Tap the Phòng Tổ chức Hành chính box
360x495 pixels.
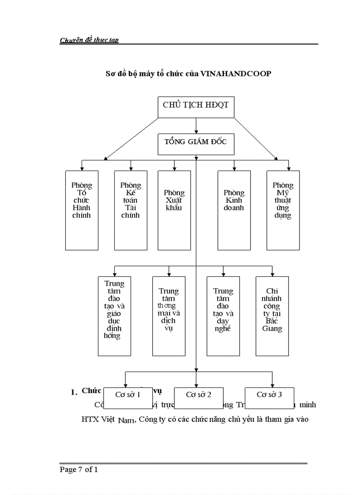click(82, 210)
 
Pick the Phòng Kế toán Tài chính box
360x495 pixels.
click(131, 210)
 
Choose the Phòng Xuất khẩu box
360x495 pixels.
click(174, 210)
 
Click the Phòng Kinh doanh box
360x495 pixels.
click(234, 210)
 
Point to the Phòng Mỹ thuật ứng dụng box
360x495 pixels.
click(283, 210)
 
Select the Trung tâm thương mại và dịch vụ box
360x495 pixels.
click(169, 316)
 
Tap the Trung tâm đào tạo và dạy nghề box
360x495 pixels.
click(223, 316)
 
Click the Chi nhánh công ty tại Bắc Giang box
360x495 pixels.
click(272, 316)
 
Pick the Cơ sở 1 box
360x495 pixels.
click(128, 395)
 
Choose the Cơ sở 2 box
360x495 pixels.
click(199, 395)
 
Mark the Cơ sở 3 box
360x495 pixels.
click(269, 395)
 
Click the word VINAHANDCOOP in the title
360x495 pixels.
click(236, 74)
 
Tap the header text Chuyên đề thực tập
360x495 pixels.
click(89, 40)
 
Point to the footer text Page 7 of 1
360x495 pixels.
click(79, 469)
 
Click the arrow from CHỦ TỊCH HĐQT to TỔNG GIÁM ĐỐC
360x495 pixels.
click(196, 127)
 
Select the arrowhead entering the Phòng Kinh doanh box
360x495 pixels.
click(234, 168)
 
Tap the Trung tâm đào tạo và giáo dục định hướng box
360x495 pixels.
click(114, 316)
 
